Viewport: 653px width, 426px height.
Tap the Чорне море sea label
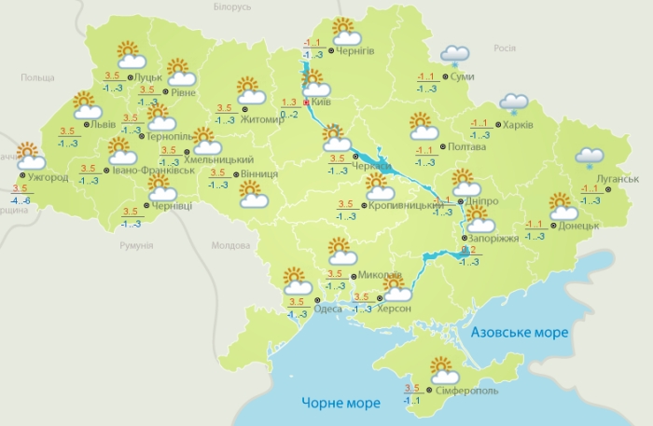click(340, 404)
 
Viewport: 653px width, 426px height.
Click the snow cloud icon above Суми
click(454, 55)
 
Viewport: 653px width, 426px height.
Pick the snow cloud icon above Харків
click(513, 103)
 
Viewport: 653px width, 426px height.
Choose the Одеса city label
click(327, 309)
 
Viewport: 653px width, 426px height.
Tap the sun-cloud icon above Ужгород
click(29, 155)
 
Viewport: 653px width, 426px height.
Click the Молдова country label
click(231, 246)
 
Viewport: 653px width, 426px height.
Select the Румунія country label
click(136, 245)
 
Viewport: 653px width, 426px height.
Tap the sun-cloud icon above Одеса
click(296, 280)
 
